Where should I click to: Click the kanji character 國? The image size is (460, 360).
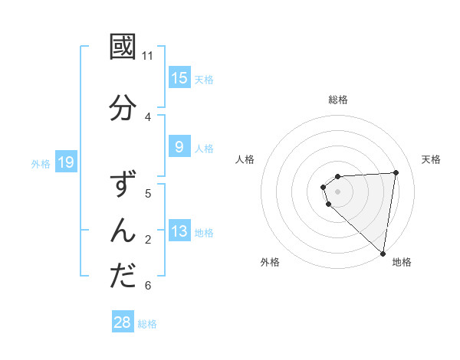[123, 47]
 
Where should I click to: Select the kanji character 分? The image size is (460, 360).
[123, 108]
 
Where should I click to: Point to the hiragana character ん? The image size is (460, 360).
[123, 230]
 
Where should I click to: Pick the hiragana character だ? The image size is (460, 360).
[123, 277]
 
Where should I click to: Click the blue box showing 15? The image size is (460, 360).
[179, 78]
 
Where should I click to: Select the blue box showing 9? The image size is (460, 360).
[179, 147]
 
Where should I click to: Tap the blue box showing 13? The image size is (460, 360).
[179, 231]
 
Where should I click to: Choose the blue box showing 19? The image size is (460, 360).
[65, 162]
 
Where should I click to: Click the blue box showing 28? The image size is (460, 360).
[123, 322]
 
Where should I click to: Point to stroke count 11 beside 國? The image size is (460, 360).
[148, 55]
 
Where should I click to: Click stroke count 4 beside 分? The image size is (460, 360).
[148, 117]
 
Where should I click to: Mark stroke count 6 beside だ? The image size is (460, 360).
[148, 286]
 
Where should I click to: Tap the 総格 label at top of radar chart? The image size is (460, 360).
[338, 100]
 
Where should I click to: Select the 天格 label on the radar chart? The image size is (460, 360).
[431, 159]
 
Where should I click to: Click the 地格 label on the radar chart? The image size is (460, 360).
[402, 262]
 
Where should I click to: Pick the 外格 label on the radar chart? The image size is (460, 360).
[270, 262]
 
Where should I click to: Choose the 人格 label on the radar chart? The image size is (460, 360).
[245, 159]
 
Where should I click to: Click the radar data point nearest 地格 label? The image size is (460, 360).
[383, 254]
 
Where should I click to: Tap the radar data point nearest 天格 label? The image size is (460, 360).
[396, 172]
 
